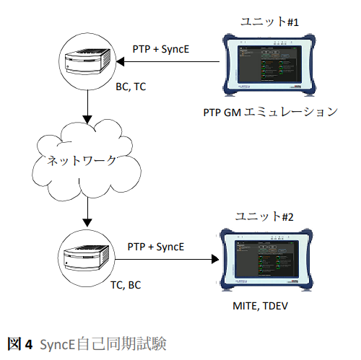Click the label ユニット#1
269,22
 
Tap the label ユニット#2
264,216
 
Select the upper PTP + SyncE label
161,49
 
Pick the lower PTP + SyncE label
156,247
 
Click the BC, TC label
131,87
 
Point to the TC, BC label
126,285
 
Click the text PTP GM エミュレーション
271,113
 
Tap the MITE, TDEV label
260,306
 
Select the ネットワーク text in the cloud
82,160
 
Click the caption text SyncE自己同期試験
103,344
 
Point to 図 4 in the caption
20,344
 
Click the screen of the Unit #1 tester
269,63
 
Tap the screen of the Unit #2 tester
266,258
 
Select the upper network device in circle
87,61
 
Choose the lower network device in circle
87,258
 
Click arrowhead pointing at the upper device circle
120,62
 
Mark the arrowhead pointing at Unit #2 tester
215,259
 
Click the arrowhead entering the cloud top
87,119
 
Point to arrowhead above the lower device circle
87,223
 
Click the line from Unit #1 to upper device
168,62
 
